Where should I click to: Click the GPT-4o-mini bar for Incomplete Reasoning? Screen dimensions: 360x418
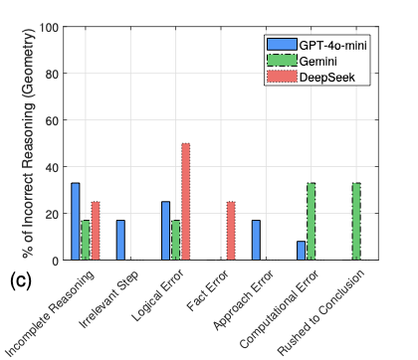76,221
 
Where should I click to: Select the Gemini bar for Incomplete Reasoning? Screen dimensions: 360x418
86,240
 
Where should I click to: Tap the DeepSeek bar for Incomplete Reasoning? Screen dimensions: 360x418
96,231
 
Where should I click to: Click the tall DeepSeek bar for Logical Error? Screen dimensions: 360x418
185,202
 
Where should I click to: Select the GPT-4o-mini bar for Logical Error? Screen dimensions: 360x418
165,231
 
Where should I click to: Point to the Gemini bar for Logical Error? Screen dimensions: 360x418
175,240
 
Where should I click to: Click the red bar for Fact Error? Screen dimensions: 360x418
230,231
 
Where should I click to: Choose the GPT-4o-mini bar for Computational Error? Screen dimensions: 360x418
301,250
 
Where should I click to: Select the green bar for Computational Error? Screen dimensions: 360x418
311,221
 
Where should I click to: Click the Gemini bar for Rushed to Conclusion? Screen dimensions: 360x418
355,221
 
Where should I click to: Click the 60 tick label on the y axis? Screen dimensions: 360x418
51,120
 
